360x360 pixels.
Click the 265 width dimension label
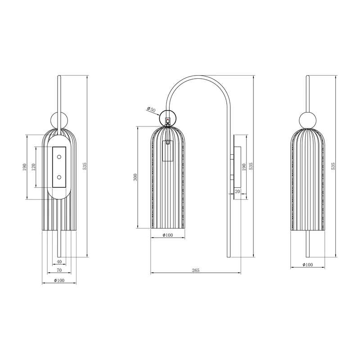(x=196, y=270)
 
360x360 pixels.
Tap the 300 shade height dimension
(x=135, y=177)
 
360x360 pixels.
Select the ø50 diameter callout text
(x=151, y=109)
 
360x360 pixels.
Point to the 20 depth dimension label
(x=238, y=191)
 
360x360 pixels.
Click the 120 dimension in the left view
(x=33, y=167)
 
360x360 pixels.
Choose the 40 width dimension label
(x=59, y=261)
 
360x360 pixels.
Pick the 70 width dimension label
(x=59, y=270)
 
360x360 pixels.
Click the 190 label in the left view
(x=25, y=167)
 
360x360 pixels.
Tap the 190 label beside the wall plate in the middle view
(x=244, y=167)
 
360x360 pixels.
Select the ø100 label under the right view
(x=308, y=265)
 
